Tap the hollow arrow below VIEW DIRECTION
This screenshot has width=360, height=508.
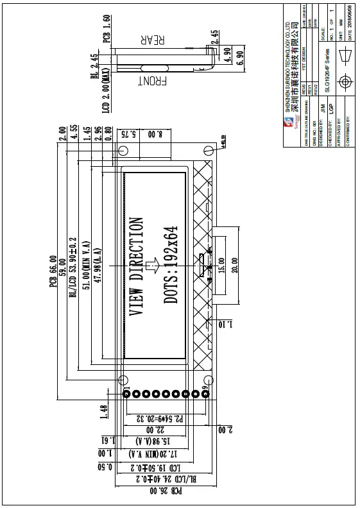(x=152, y=265)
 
